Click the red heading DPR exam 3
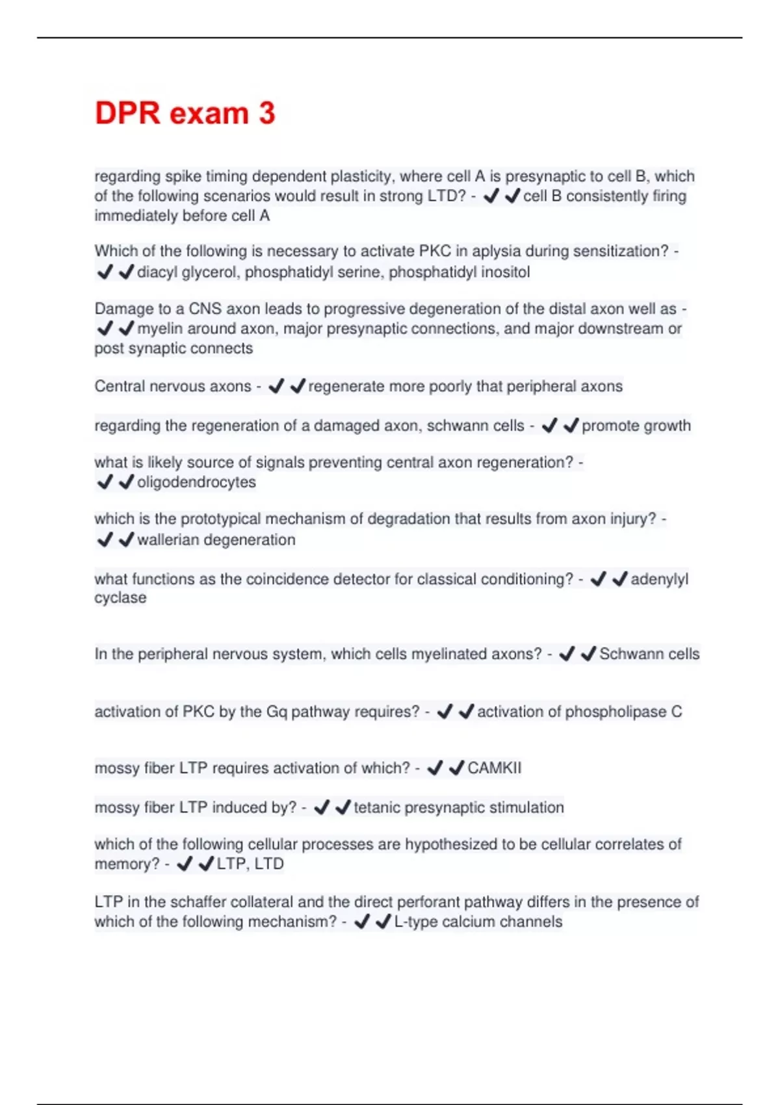tap(185, 113)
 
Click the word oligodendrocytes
tap(196, 482)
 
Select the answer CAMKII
tap(494, 768)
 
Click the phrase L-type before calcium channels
tap(416, 922)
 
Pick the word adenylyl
tap(659, 578)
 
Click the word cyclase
tap(120, 598)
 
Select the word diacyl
tap(157, 272)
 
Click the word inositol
tap(505, 272)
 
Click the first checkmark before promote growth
tap(549, 426)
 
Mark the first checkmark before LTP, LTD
tap(185, 864)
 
